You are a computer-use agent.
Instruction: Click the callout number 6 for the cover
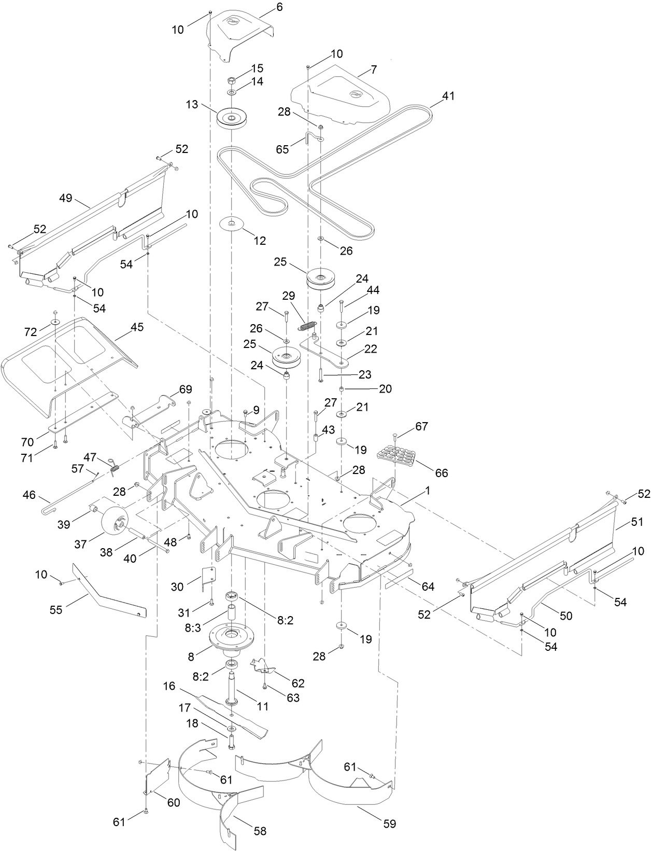pyautogui.click(x=280, y=7)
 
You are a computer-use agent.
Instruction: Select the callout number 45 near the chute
pyautogui.click(x=137, y=327)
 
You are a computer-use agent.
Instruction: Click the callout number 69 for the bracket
pyautogui.click(x=185, y=388)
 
